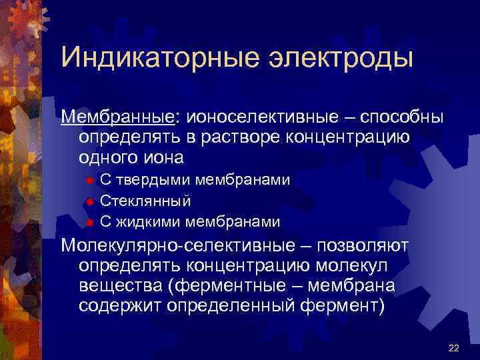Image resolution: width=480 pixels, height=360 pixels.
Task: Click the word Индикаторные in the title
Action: [x=147, y=57]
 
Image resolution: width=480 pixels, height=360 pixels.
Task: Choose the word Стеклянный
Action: [x=145, y=201]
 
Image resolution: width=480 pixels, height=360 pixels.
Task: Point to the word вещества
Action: [x=120, y=286]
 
